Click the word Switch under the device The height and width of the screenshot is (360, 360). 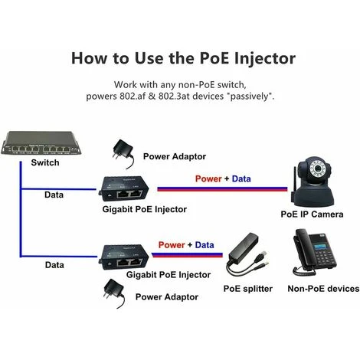(44, 163)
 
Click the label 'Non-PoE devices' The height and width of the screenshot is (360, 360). (322, 288)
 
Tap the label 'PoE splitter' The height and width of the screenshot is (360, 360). (247, 289)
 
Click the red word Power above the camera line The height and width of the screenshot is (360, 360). (208, 178)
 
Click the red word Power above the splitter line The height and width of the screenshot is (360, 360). (171, 244)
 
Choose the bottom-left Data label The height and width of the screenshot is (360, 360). (54, 264)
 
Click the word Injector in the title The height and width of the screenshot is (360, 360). (260, 58)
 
